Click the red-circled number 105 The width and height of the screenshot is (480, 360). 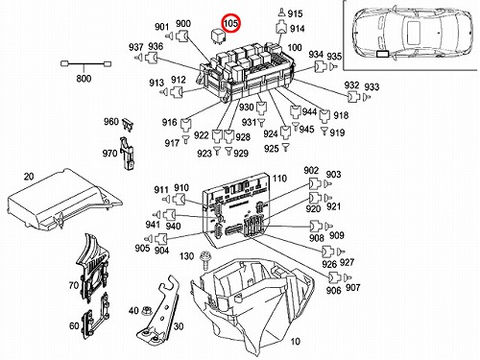[231, 23]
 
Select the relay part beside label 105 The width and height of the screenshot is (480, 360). [218, 36]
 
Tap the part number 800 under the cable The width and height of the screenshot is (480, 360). [84, 79]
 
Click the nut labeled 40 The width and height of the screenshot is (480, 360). [147, 310]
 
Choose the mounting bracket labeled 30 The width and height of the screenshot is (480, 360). [159, 310]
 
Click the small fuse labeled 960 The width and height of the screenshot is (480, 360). [130, 124]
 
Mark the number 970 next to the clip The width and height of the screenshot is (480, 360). [109, 154]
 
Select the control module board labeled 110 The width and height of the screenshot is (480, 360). [236, 210]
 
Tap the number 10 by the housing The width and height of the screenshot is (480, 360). [295, 341]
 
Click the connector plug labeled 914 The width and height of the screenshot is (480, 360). [281, 28]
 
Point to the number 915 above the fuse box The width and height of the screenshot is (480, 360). [295, 13]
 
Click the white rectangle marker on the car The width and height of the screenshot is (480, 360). [382, 54]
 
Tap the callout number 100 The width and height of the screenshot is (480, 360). [295, 47]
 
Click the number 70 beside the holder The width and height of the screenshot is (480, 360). [74, 285]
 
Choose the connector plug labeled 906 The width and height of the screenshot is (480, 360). [334, 277]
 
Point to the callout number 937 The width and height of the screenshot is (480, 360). [136, 47]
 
